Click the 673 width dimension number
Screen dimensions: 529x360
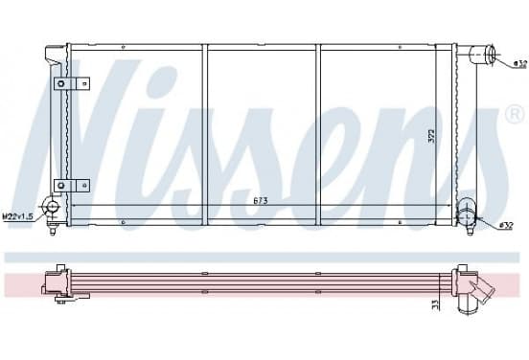tap(261, 201)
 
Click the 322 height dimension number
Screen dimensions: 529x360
tap(431, 136)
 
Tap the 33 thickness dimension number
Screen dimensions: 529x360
tap(435, 304)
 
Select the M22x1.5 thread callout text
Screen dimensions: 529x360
tap(18, 216)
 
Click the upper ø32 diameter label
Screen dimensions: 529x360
tap(519, 63)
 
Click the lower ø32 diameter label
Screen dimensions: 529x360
tap(506, 226)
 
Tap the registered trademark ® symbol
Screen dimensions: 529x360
tap(515, 114)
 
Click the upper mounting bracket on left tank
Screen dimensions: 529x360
tap(72, 83)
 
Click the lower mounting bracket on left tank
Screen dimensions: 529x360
tap(72, 186)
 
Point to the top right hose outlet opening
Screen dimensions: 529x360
tap(491, 54)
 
